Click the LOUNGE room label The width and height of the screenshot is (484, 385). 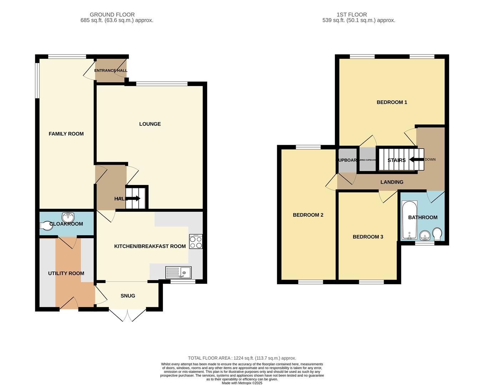pos(150,124)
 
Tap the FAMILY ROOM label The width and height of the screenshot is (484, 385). pos(66,134)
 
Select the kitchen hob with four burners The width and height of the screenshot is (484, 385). pos(196,242)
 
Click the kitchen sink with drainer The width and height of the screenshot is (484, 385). pos(178,273)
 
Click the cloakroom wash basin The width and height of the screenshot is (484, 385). pos(68,217)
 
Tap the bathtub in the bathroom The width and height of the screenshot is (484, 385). pos(409,220)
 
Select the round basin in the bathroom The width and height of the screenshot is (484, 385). pos(424,235)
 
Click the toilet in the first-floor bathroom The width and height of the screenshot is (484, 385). pos(437,234)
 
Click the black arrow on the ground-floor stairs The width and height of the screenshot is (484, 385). pos(133,199)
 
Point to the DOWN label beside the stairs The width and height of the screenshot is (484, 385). pos(430,159)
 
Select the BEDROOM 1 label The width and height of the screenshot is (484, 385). pos(392,102)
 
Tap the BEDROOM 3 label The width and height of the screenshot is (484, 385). pos(368,237)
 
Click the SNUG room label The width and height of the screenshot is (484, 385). pos(128,296)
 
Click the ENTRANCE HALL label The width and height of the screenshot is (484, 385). pos(111,71)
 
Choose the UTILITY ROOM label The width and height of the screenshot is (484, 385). pos(66,273)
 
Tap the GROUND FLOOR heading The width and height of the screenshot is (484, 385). pos(112,15)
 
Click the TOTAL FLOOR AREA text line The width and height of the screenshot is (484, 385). pos(242,358)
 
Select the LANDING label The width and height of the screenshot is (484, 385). pos(392,182)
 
